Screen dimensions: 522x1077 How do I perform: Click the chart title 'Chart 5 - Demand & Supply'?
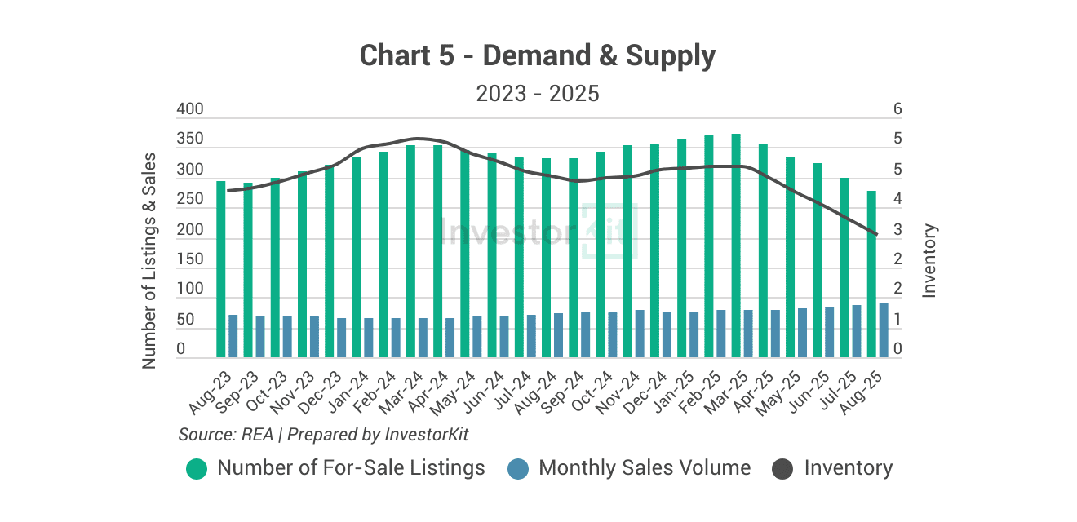coord(537,56)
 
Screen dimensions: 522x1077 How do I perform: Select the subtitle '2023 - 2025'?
coord(538,94)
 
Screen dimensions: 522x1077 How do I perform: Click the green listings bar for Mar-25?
coord(736,245)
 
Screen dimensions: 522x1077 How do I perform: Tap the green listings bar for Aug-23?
coord(221,269)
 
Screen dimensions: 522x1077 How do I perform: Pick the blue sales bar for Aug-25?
coord(884,330)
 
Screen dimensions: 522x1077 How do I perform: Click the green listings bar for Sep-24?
coord(574,258)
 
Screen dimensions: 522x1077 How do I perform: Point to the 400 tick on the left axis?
coord(190,110)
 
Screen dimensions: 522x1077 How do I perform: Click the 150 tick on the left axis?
coord(190,260)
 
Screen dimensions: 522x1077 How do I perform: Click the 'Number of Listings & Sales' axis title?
coord(149,260)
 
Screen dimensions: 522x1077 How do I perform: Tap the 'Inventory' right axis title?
coord(929,260)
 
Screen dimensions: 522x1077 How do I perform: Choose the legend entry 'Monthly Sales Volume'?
coord(645,468)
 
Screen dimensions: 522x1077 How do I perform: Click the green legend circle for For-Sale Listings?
coord(197,469)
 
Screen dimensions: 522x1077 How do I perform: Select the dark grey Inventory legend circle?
coord(782,469)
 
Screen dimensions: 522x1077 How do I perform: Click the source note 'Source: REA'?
coord(225,435)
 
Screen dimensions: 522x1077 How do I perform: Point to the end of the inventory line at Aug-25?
coord(877,235)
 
